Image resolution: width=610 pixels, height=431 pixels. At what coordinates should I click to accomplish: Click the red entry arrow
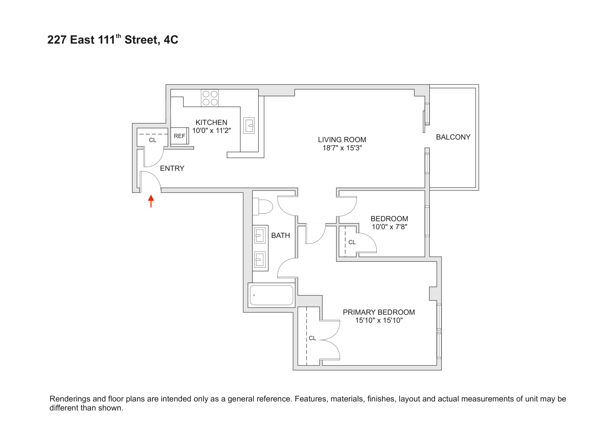tap(151, 201)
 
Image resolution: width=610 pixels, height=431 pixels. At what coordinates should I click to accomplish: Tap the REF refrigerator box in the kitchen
tap(179, 136)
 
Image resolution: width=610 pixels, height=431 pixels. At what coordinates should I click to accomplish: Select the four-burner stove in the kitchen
tap(210, 98)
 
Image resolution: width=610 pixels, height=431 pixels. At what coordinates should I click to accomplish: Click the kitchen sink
tap(249, 125)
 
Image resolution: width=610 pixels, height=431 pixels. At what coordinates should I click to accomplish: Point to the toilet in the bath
tap(263, 206)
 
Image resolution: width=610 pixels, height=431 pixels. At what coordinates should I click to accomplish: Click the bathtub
tap(271, 295)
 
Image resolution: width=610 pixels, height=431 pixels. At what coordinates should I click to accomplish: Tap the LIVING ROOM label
tap(342, 140)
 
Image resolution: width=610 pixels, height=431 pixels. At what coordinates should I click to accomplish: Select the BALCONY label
tap(453, 137)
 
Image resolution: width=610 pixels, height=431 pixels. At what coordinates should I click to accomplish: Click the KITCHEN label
tap(211, 122)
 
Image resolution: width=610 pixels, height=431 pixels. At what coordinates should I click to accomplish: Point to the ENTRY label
tap(172, 169)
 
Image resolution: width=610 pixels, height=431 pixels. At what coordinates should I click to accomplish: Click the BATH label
tap(280, 235)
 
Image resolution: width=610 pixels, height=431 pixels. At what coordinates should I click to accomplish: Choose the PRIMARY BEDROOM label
tap(379, 312)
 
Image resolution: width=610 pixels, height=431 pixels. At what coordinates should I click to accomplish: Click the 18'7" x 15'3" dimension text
tap(342, 148)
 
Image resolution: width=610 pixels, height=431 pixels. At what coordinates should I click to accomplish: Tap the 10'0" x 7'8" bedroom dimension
tap(389, 227)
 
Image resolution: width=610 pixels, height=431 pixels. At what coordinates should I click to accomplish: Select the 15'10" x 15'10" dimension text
tap(379, 320)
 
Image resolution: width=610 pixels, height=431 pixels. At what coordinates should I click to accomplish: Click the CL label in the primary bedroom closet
tap(313, 338)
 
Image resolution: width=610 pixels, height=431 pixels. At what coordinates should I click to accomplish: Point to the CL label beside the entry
tap(153, 140)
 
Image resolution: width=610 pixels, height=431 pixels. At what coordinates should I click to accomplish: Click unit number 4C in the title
tap(171, 40)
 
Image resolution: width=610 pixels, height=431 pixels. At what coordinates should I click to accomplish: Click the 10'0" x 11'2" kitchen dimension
tap(211, 131)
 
